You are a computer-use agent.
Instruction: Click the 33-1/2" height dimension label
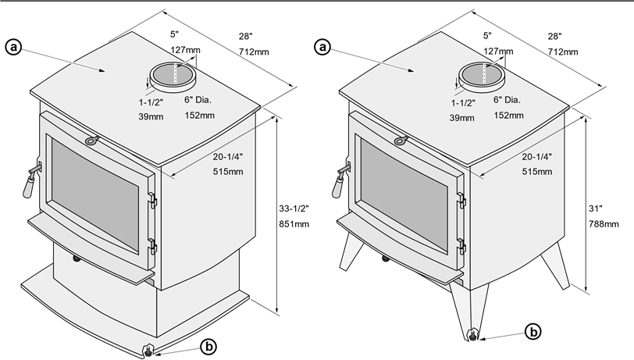pyautogui.click(x=294, y=209)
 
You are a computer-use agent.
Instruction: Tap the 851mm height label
pyautogui.click(x=294, y=224)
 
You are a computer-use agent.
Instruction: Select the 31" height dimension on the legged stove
pyautogui.click(x=595, y=209)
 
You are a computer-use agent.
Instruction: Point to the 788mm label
pyautogui.click(x=604, y=224)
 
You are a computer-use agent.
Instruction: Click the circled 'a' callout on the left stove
pyautogui.click(x=13, y=48)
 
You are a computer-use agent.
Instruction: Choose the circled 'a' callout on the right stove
pyautogui.click(x=322, y=48)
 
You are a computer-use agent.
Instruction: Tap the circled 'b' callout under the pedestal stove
pyautogui.click(x=208, y=347)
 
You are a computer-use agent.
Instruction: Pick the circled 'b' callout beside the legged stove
pyautogui.click(x=533, y=332)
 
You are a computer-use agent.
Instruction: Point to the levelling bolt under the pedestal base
pyautogui.click(x=149, y=351)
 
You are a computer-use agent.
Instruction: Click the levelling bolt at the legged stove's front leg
pyautogui.click(x=472, y=335)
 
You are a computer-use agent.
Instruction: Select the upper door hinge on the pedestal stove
pyautogui.click(x=152, y=200)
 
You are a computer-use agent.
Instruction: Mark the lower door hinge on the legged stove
pyautogui.click(x=461, y=247)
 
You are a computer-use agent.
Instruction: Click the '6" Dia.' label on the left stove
pyautogui.click(x=198, y=100)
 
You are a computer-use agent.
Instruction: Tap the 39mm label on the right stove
pyautogui.click(x=461, y=118)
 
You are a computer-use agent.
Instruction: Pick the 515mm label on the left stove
pyautogui.click(x=228, y=172)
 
